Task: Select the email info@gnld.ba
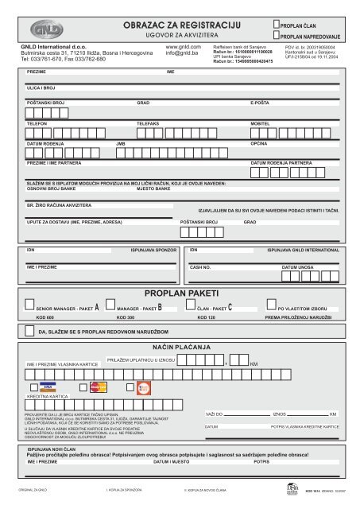coord(181,53)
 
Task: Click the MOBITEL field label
coord(261,126)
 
